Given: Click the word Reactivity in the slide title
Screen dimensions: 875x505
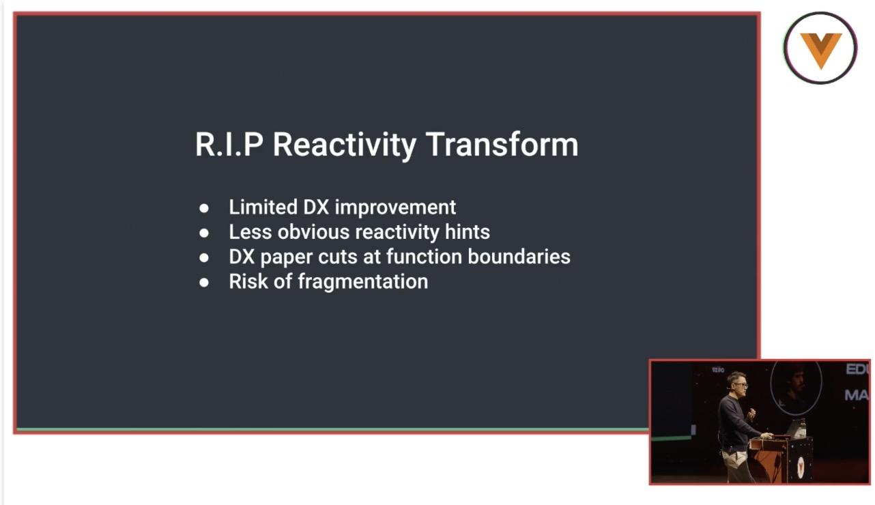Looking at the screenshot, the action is (x=345, y=145).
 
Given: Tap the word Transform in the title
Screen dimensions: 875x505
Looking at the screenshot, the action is (x=502, y=145).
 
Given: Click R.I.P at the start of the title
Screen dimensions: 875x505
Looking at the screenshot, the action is (x=229, y=145).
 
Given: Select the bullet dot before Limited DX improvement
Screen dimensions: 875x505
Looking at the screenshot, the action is (x=203, y=208).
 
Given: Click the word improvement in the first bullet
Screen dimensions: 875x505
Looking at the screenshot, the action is (x=395, y=207).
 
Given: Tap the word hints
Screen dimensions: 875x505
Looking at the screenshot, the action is (x=467, y=232).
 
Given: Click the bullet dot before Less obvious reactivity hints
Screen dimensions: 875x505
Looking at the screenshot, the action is (x=203, y=233).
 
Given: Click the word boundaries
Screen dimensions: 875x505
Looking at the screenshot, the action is (x=519, y=257).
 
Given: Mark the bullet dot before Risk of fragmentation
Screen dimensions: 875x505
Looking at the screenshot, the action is (x=203, y=283).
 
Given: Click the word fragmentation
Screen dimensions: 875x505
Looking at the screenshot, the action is (x=363, y=282).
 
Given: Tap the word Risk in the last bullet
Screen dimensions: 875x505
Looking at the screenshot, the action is (x=248, y=282).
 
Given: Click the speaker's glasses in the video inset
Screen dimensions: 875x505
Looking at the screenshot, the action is (x=741, y=386).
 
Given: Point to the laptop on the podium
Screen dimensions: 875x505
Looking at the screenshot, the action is (x=795, y=428).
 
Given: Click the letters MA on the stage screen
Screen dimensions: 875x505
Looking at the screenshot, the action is (x=857, y=395).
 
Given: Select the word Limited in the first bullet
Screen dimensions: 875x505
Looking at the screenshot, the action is (x=263, y=207).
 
